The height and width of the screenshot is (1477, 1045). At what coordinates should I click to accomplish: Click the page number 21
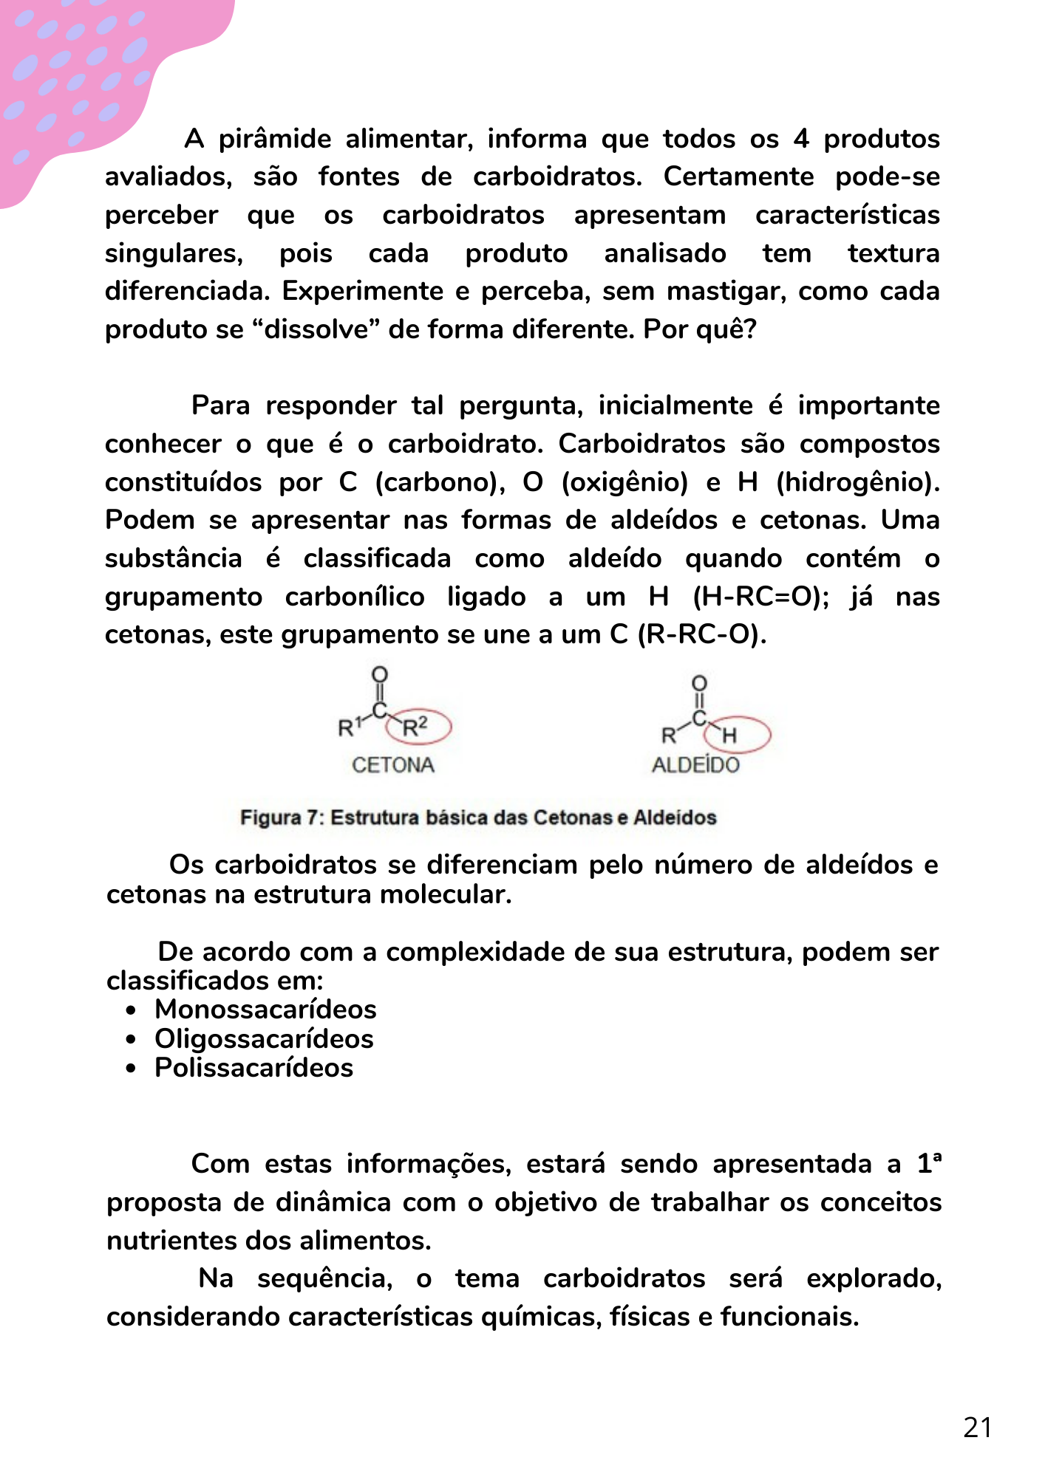click(977, 1427)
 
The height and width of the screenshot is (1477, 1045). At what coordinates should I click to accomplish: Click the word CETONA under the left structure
click(393, 765)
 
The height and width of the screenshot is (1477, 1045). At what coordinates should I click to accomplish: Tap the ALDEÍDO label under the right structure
click(695, 765)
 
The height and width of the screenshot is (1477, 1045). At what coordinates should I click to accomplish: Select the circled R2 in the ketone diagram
click(416, 727)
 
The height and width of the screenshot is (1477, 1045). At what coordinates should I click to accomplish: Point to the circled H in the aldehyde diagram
click(730, 735)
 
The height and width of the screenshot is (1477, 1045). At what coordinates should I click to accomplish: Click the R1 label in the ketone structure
click(350, 727)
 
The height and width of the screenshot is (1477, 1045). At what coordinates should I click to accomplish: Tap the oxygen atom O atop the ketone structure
click(380, 674)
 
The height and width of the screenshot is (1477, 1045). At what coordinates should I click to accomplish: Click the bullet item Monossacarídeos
click(265, 1010)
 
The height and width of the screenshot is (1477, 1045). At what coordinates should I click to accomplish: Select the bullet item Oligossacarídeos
click(264, 1039)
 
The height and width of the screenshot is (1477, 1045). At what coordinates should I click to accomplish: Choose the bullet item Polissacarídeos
click(253, 1068)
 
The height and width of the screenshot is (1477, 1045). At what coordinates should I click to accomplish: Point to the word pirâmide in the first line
click(275, 139)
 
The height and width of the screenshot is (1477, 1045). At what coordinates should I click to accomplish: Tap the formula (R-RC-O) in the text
click(702, 635)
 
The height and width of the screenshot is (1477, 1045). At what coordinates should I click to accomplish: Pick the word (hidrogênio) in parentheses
click(857, 482)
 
